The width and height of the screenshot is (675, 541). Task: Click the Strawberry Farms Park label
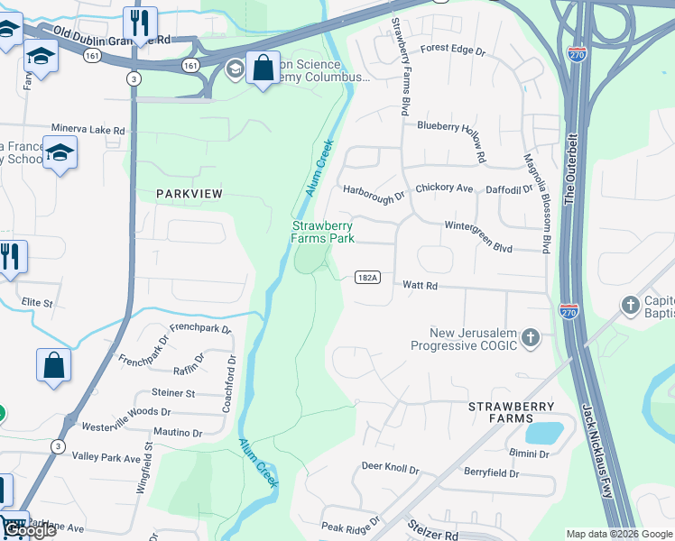tap(322, 232)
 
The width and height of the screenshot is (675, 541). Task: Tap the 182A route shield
tap(366, 278)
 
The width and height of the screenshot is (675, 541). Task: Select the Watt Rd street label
tap(420, 285)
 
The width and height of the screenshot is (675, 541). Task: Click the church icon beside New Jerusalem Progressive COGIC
tap(532, 338)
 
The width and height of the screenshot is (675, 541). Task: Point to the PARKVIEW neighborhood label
tap(189, 194)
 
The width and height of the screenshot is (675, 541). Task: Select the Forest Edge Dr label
tap(453, 50)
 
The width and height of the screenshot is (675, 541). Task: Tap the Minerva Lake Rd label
tap(88, 130)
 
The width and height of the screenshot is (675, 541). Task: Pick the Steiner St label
tap(173, 393)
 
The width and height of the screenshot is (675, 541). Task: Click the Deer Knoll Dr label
tap(391, 468)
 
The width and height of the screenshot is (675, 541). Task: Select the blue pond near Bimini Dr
tap(543, 432)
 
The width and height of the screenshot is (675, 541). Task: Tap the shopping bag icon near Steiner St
tap(53, 365)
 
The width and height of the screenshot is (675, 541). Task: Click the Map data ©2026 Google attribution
tap(619, 534)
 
